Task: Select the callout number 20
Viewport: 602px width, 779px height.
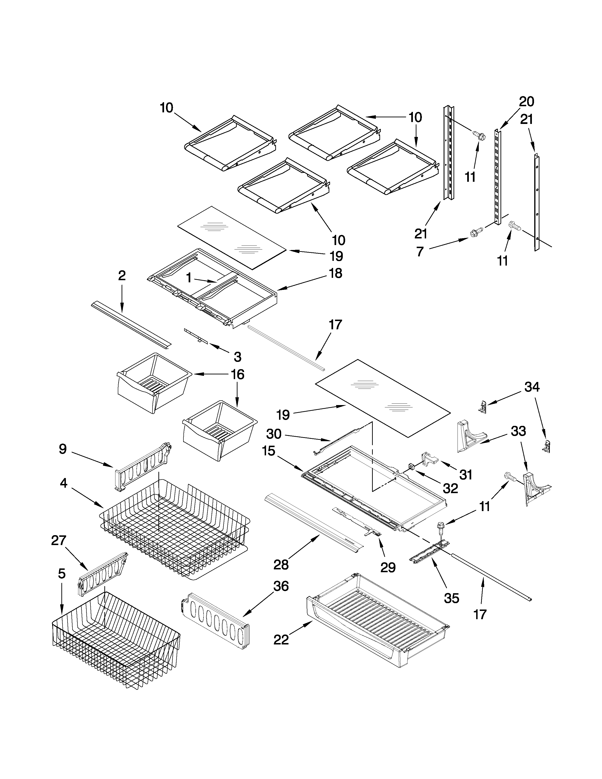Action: (x=526, y=102)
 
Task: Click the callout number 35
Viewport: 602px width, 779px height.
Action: (x=451, y=598)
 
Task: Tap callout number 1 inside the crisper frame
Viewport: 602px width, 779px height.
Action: (x=189, y=278)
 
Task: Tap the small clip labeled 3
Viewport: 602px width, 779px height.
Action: (x=195, y=335)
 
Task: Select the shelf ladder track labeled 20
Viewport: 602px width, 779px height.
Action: (x=497, y=177)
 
